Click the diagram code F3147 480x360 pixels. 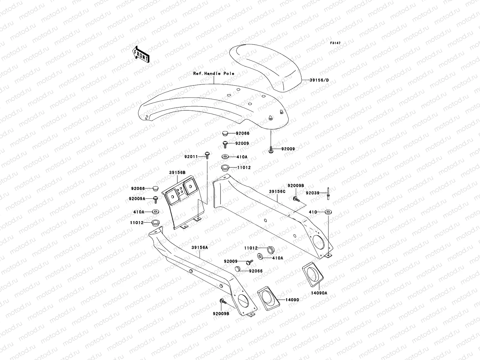point(335,43)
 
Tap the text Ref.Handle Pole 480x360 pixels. point(214,73)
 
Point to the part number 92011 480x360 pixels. point(191,156)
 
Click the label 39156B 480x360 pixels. point(177,172)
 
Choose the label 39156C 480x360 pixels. point(277,191)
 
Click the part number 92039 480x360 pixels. point(312,193)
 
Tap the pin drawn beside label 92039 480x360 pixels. point(329,193)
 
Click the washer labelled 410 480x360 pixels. point(328,212)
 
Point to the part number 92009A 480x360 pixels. point(137,198)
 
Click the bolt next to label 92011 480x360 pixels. point(207,154)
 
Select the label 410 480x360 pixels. point(313,212)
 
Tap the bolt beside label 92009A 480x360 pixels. point(156,198)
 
